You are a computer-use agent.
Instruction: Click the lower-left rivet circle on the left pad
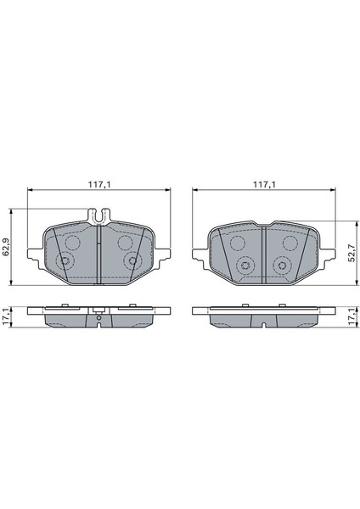pyautogui.click(x=65, y=262)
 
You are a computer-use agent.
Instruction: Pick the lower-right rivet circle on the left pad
pyautogui.click(x=132, y=262)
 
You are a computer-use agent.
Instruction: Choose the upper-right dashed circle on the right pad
pyautogui.click(x=289, y=244)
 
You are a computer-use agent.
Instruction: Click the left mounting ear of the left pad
pyautogui.click(x=32, y=254)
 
